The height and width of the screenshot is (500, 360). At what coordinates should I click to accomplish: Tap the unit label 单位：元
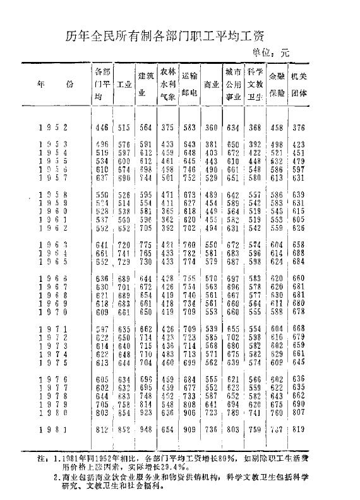270,54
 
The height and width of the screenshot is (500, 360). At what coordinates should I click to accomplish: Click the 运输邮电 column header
189,83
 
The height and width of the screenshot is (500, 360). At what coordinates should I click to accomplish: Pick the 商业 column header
211,84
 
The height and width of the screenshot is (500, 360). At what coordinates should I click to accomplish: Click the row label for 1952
53,128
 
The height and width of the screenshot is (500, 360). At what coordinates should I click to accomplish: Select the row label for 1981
53,430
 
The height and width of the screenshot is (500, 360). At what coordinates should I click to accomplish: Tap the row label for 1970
53,311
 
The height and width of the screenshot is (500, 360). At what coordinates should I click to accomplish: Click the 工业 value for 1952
124,128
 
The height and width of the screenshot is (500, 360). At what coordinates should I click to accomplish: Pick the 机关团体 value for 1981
299,430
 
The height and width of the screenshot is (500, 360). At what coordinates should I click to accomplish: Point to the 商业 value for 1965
210,262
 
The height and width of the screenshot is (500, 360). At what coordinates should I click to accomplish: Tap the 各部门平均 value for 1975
101,363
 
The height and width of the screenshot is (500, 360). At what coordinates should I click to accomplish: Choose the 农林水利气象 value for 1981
167,430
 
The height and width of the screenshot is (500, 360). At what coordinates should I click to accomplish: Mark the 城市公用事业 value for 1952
233,128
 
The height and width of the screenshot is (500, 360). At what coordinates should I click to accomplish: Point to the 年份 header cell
53,83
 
